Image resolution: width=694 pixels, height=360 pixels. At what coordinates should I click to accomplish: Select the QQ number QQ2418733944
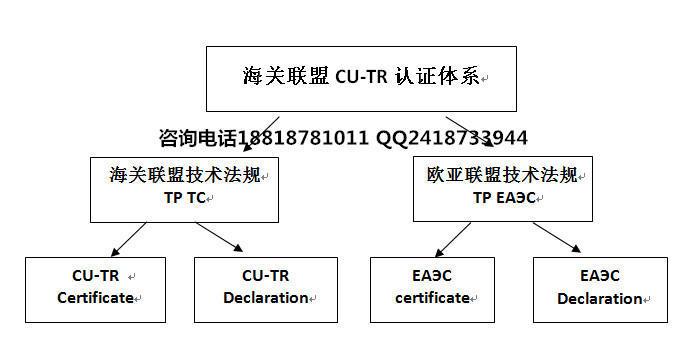[452, 137]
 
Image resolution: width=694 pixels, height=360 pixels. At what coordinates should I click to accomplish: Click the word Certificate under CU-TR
[95, 297]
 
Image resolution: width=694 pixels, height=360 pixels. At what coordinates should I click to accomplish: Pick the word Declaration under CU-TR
[265, 297]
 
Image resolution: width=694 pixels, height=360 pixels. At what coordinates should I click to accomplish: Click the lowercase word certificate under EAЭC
[432, 297]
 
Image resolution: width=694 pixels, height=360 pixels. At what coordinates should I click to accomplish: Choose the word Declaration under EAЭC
[600, 298]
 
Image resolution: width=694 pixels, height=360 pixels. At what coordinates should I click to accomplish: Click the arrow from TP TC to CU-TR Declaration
[220, 238]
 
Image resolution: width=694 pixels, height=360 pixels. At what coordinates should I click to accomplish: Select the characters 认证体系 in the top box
[446, 77]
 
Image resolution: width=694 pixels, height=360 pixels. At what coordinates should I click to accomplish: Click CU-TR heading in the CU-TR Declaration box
[265, 275]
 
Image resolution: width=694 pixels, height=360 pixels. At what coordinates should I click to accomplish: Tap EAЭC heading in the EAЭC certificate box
[432, 275]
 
